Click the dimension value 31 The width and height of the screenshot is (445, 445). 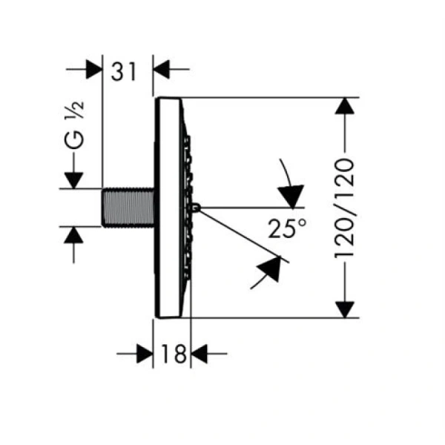125,71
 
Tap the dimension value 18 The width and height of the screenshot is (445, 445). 172,355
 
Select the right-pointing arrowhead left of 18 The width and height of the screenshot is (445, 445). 145,355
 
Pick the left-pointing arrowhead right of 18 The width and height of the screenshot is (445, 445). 200,355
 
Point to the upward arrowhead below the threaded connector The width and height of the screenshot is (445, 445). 74,236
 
